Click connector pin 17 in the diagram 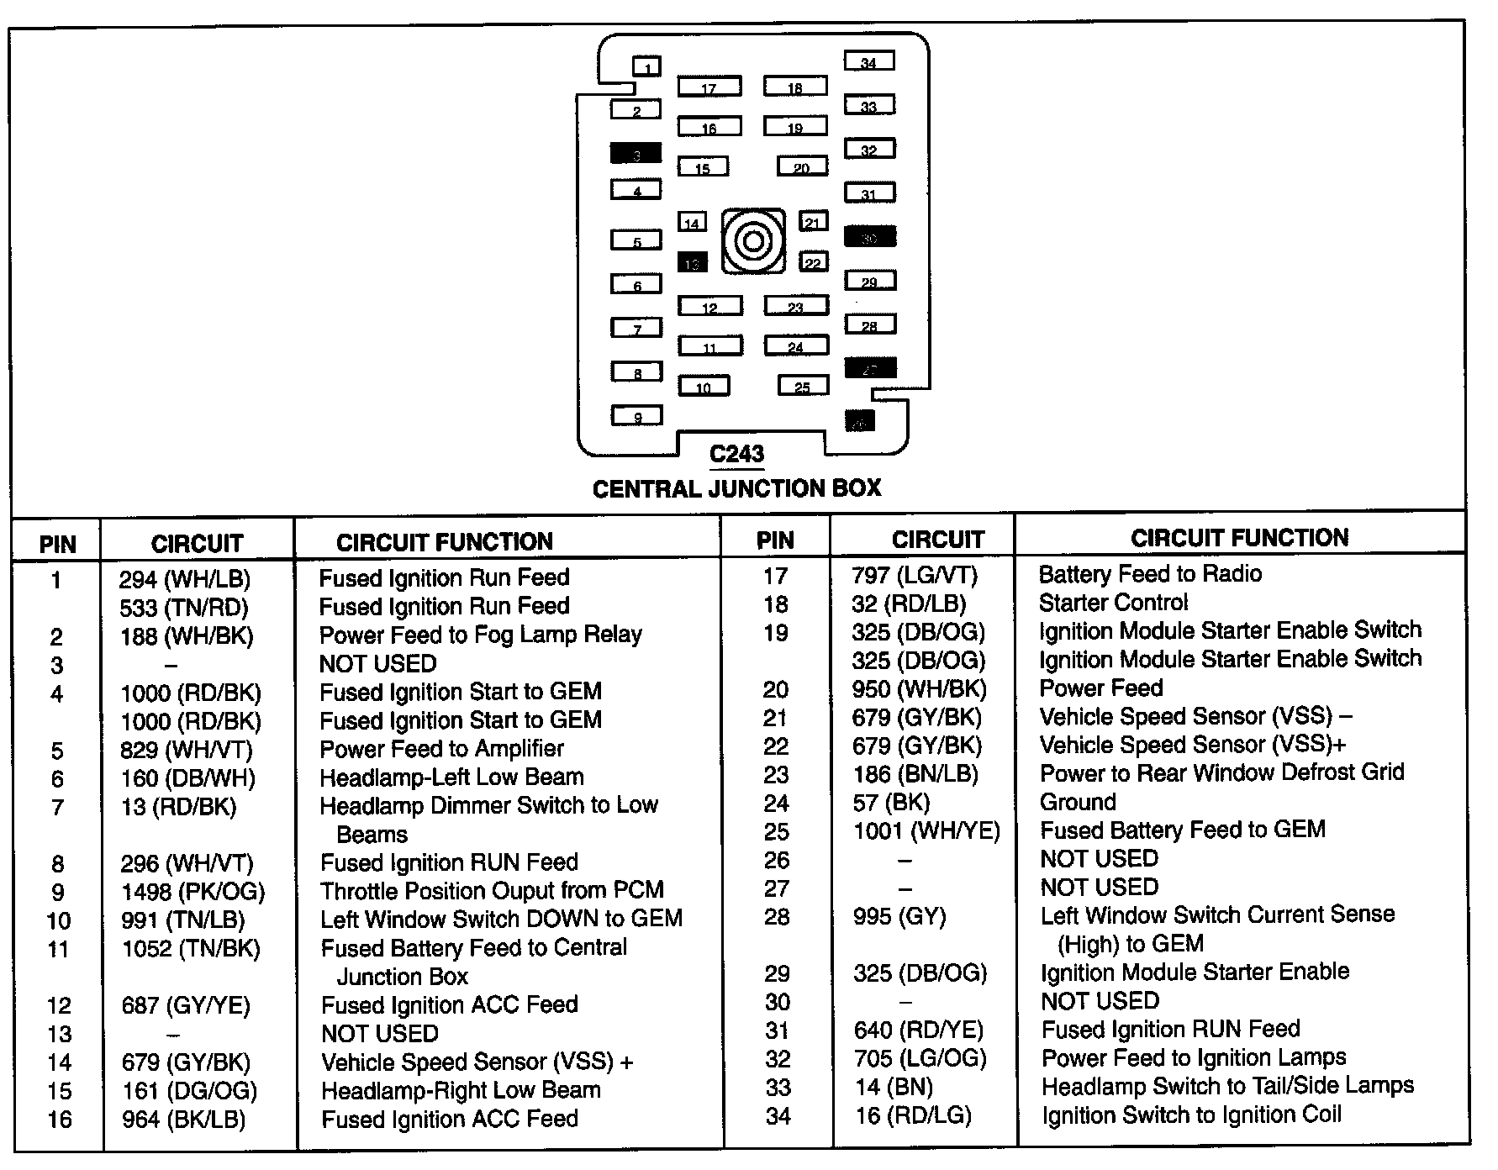point(709,87)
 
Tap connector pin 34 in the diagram point(869,61)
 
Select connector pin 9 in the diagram point(636,415)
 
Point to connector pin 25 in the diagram point(803,386)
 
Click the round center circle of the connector point(753,242)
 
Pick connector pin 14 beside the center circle point(692,222)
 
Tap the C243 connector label point(736,455)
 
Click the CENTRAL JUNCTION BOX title point(736,488)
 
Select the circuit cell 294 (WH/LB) point(185,579)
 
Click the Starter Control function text point(1113,603)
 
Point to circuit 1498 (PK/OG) point(193,891)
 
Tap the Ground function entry point(1078,802)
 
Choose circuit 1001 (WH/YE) point(926,831)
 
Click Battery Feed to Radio point(1150,574)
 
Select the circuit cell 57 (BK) point(891,803)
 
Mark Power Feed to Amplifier point(441,749)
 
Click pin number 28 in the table point(776,916)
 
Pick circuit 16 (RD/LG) point(913,1115)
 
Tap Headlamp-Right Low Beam point(461,1090)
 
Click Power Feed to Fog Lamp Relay point(480,635)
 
